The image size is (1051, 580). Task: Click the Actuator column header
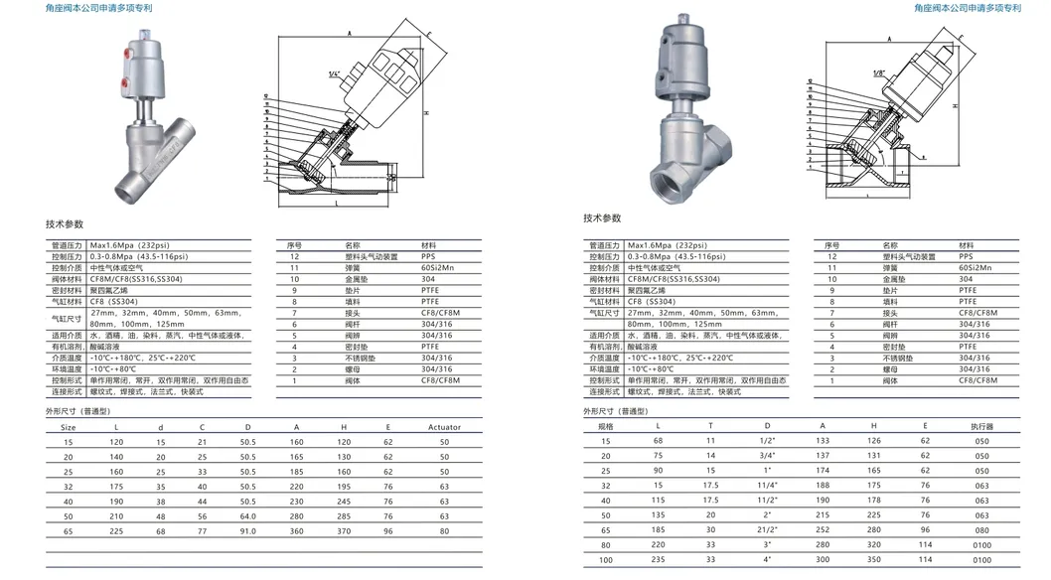pos(444,426)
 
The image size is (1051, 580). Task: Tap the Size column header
pos(69,426)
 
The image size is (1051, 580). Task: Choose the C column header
pos(203,426)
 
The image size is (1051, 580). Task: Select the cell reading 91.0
pos(248,532)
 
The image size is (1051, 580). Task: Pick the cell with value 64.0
pos(248,517)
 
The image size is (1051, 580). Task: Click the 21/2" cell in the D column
pos(767,530)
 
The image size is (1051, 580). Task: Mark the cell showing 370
pos(344,532)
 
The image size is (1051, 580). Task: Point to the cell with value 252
pos(823,530)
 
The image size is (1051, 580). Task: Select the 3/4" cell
pos(767,454)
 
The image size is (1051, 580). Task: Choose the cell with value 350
pos(875,560)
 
